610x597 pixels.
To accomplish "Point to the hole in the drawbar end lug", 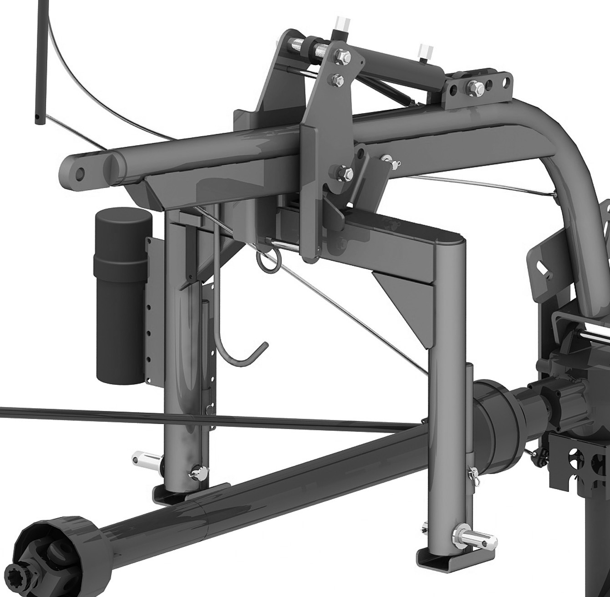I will coord(80,173).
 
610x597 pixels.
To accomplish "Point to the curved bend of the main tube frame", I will coord(564,150).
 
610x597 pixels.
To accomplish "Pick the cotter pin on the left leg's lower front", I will coord(197,474).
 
